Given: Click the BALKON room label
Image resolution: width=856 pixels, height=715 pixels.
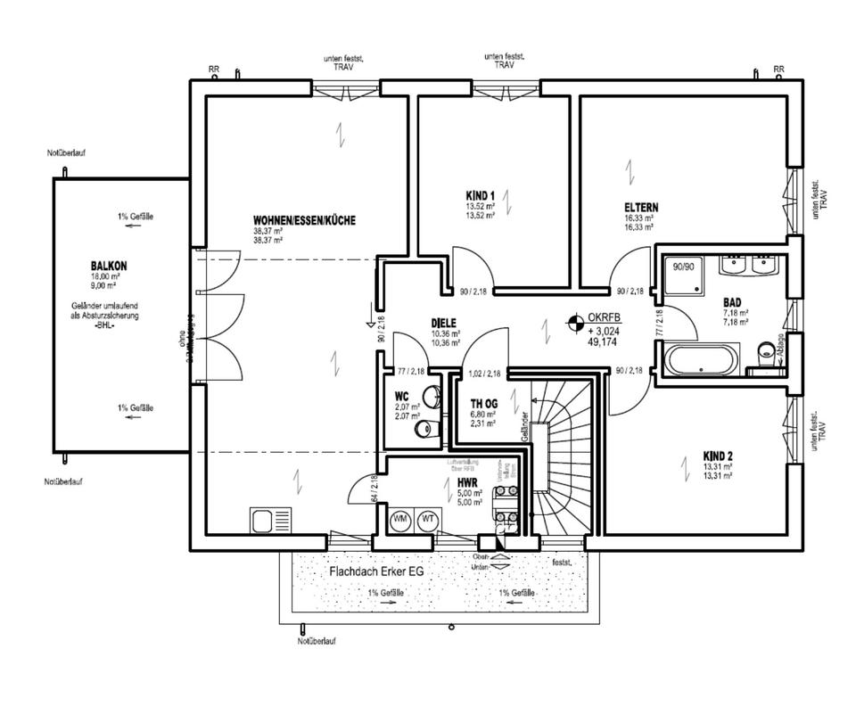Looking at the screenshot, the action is click(108, 266).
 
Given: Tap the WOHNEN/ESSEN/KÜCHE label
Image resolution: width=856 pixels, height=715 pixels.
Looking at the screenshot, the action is click(304, 220).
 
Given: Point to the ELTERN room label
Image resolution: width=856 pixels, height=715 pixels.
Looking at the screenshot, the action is click(641, 208).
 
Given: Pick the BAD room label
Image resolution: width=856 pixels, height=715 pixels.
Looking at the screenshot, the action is click(732, 303).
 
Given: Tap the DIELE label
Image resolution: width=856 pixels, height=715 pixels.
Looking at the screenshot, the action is click(444, 325).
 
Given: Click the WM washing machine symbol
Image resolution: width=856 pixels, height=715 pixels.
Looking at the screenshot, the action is click(401, 520).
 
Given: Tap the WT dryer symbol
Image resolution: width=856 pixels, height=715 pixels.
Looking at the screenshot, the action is click(428, 520).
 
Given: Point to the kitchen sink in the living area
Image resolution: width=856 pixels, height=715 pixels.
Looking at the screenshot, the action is click(270, 520).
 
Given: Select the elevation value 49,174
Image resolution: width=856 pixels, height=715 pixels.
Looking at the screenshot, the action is click(604, 341).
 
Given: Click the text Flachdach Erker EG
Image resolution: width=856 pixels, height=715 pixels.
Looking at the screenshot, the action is click(374, 571).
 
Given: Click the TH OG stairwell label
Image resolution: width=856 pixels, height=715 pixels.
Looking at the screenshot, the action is click(482, 402).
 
